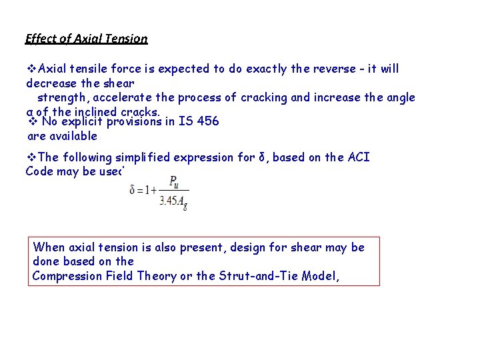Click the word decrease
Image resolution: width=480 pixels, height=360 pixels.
click(51, 83)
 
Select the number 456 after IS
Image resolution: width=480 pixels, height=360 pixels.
click(207, 121)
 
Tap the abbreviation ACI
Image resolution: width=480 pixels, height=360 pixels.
click(357, 157)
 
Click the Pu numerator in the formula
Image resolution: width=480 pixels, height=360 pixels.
click(173, 180)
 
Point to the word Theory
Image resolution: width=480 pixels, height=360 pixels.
click(153, 275)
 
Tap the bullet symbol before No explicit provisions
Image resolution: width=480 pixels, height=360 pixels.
click(32, 121)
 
